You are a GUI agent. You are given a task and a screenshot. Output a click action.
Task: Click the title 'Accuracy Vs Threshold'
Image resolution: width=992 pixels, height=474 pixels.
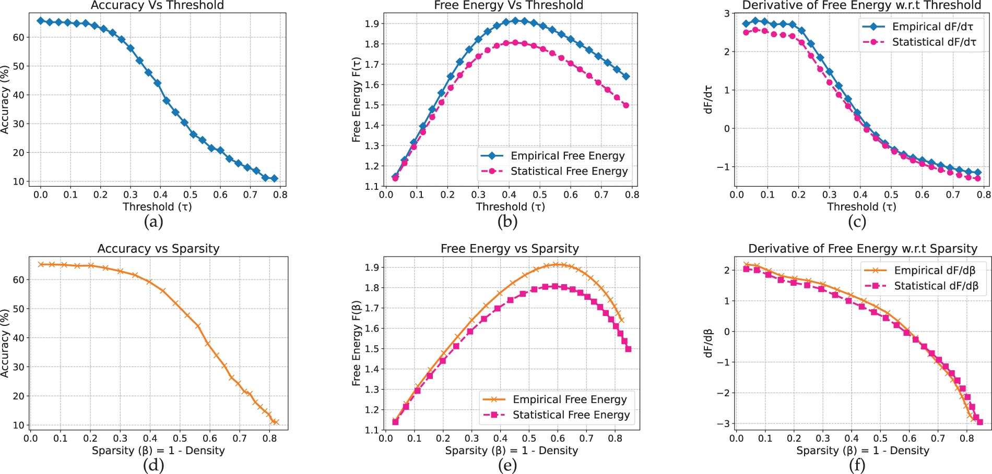point(157,5)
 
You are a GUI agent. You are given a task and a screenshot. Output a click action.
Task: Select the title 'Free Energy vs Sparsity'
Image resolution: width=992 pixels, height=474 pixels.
point(510,249)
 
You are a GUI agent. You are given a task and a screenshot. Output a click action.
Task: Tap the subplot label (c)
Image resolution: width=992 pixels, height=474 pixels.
point(857,222)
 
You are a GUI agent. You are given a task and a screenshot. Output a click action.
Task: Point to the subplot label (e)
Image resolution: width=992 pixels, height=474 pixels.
point(507,466)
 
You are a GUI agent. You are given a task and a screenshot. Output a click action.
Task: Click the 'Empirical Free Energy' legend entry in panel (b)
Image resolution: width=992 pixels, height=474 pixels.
point(567,156)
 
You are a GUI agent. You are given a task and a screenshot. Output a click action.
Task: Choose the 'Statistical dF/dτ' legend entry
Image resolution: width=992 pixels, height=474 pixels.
point(934,42)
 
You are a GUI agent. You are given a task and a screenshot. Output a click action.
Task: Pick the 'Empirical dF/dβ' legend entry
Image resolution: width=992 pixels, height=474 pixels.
point(935,270)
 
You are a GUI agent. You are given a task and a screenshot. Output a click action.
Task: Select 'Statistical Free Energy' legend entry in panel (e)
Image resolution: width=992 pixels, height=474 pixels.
point(571,415)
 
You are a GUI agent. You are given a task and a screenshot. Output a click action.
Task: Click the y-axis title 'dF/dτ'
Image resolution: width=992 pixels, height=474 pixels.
point(708,99)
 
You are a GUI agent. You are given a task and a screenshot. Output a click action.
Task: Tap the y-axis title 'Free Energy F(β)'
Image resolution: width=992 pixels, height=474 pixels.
point(357,343)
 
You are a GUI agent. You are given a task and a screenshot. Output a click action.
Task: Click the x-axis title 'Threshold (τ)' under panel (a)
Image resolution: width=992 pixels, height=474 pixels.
point(157,207)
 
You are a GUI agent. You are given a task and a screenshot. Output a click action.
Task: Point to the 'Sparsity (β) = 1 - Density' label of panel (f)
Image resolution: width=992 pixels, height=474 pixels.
point(863,451)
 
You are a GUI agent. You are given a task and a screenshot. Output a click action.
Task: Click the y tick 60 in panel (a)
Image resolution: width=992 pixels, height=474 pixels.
point(18,38)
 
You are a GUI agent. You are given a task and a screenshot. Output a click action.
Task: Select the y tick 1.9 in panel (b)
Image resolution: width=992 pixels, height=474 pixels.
point(372,23)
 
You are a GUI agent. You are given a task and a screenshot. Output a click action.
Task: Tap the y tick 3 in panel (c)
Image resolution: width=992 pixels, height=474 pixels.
point(727,14)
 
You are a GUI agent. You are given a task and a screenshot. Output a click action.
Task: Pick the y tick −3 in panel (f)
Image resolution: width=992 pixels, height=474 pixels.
point(725,423)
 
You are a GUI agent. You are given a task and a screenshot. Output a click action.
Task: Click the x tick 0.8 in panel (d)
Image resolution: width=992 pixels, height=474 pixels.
point(270,439)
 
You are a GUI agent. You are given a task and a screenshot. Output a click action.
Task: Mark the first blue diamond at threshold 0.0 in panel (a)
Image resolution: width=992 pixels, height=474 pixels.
point(41,21)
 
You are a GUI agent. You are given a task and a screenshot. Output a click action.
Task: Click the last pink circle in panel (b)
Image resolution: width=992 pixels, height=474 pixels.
point(626,105)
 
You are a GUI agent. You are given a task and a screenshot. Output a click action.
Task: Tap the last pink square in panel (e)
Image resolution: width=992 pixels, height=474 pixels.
point(628,349)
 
